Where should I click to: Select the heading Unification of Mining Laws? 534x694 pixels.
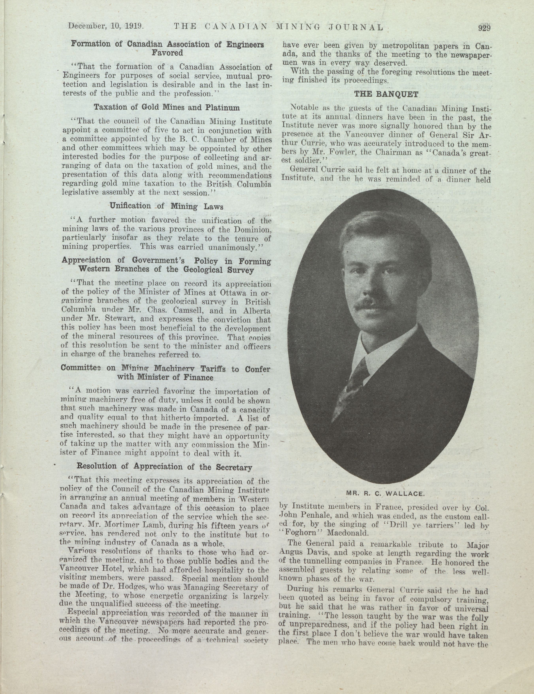click(x=167, y=206)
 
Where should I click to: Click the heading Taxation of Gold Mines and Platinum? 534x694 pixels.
click(x=167, y=107)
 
